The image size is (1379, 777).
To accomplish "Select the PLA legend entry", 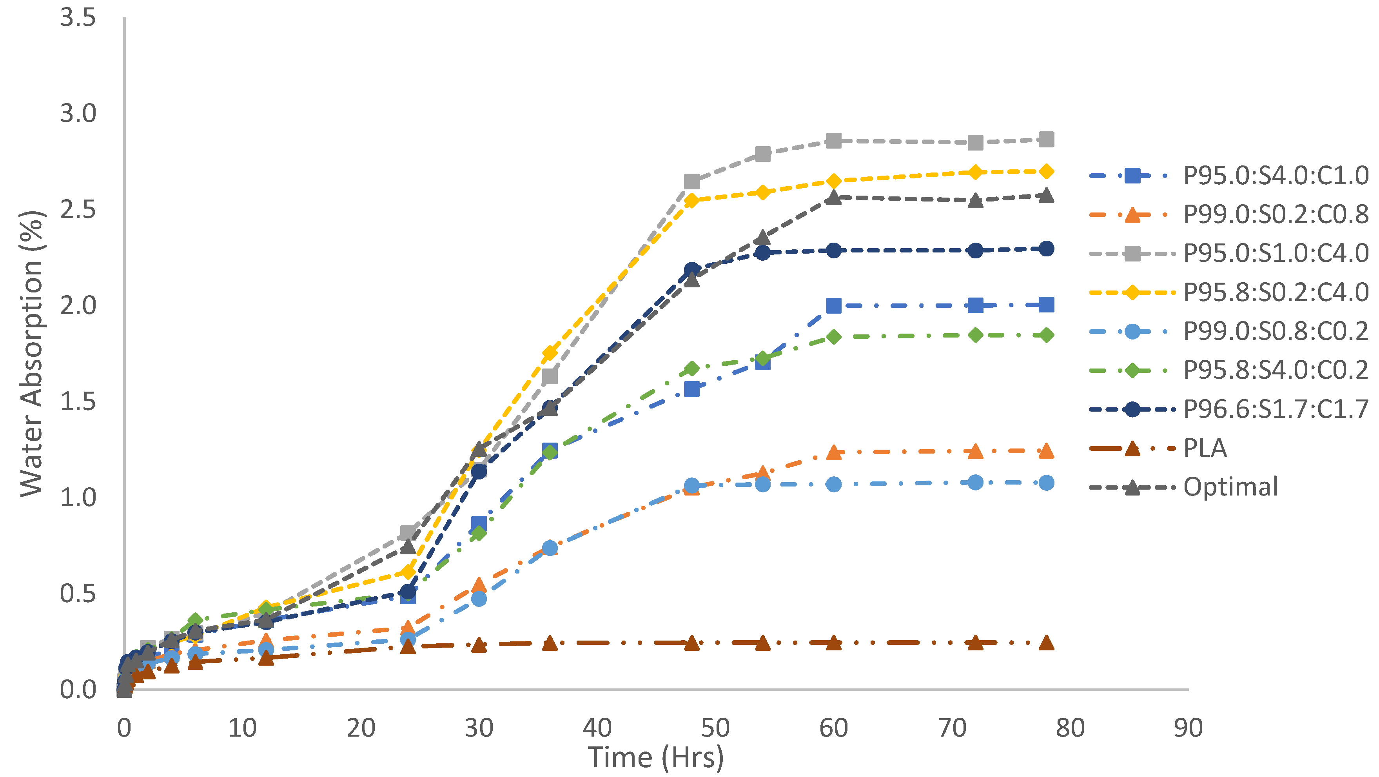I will point(1205,448).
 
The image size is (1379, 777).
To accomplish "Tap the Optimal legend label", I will point(1230,487).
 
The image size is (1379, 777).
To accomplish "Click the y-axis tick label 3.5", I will point(78,18).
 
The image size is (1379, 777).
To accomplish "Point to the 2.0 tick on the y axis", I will point(78,306).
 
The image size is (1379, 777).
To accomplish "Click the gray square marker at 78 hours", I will point(1047,140).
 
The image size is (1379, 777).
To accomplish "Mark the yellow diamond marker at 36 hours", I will point(550,353).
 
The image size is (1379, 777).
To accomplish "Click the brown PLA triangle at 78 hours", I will point(1047,643).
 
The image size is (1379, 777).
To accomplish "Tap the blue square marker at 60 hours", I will point(833,306).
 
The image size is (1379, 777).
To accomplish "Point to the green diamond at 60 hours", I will point(833,336).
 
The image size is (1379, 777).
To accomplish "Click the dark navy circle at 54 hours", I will point(763,252).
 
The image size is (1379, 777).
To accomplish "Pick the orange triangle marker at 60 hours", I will point(833,452).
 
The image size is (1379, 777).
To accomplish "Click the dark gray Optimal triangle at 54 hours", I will point(763,237).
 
